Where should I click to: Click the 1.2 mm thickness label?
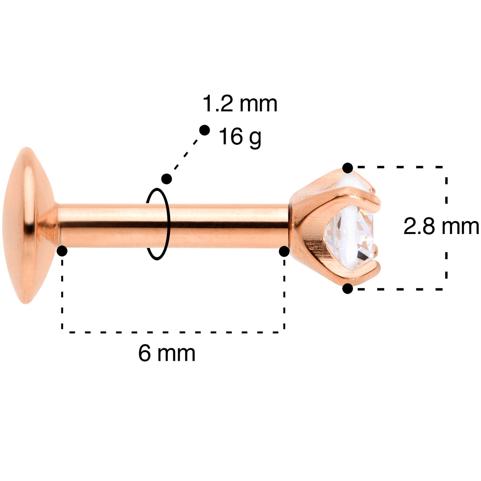(x=240, y=104)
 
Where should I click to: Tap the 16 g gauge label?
(x=240, y=136)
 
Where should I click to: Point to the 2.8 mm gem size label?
(x=441, y=227)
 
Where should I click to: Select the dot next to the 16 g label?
(x=204, y=130)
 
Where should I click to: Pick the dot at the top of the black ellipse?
(x=166, y=179)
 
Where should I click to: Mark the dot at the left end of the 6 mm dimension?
(x=62, y=251)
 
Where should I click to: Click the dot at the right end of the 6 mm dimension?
(x=284, y=252)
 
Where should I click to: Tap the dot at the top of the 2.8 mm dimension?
(x=348, y=168)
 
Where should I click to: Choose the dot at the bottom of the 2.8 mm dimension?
(x=348, y=289)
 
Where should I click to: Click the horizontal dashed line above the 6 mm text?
(x=173, y=332)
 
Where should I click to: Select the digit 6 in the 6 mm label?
(x=144, y=353)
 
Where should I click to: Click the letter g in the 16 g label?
(x=255, y=138)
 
